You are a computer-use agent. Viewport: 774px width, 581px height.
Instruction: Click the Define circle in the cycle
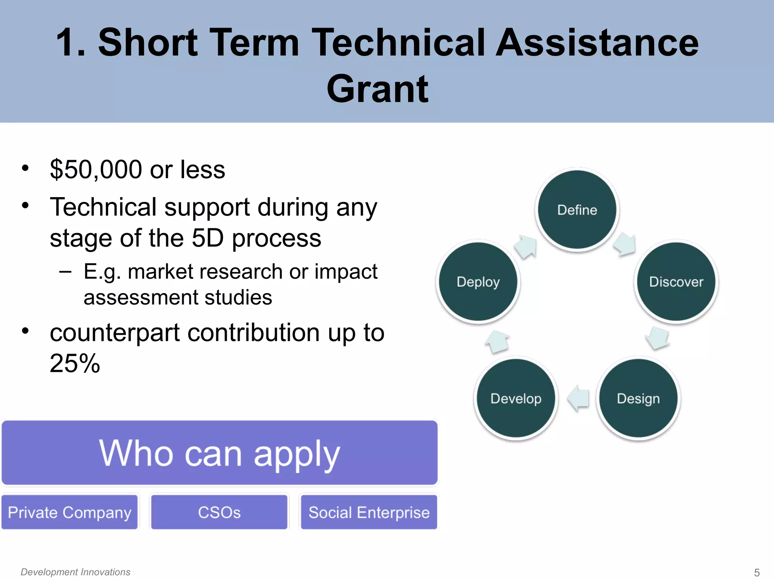pyautogui.click(x=577, y=210)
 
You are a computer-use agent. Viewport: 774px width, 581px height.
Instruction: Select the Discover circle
pyautogui.click(x=676, y=282)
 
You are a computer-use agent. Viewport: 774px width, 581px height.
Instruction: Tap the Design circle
pyautogui.click(x=638, y=399)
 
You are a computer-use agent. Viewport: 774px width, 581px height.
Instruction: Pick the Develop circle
pyautogui.click(x=516, y=399)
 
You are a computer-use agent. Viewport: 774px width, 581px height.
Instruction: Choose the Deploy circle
pyautogui.click(x=478, y=282)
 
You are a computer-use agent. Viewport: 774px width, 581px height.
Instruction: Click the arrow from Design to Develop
pyautogui.click(x=578, y=398)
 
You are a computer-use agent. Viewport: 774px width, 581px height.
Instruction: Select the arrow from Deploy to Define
pyautogui.click(x=526, y=247)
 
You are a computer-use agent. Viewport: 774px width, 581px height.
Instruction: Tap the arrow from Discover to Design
pyautogui.click(x=658, y=338)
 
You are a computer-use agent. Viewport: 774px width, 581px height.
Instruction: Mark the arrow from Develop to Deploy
pyautogui.click(x=497, y=342)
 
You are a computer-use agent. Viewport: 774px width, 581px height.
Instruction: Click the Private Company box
pyautogui.click(x=70, y=513)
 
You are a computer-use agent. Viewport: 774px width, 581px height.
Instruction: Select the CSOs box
pyautogui.click(x=219, y=513)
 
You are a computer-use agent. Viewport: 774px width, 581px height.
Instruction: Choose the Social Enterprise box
pyautogui.click(x=369, y=513)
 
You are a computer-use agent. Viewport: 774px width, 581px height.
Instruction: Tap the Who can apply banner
pyautogui.click(x=220, y=453)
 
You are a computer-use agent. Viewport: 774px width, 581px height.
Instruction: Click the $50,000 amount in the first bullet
pyautogui.click(x=96, y=169)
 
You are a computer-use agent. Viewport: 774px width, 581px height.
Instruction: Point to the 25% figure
pyautogui.click(x=75, y=364)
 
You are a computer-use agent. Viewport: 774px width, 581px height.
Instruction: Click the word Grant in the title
pyautogui.click(x=378, y=89)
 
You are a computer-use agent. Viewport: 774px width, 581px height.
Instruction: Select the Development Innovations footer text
pyautogui.click(x=76, y=572)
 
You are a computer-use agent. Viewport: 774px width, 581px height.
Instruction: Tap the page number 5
pyautogui.click(x=757, y=573)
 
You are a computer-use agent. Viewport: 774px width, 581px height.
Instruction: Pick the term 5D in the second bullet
pyautogui.click(x=207, y=238)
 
